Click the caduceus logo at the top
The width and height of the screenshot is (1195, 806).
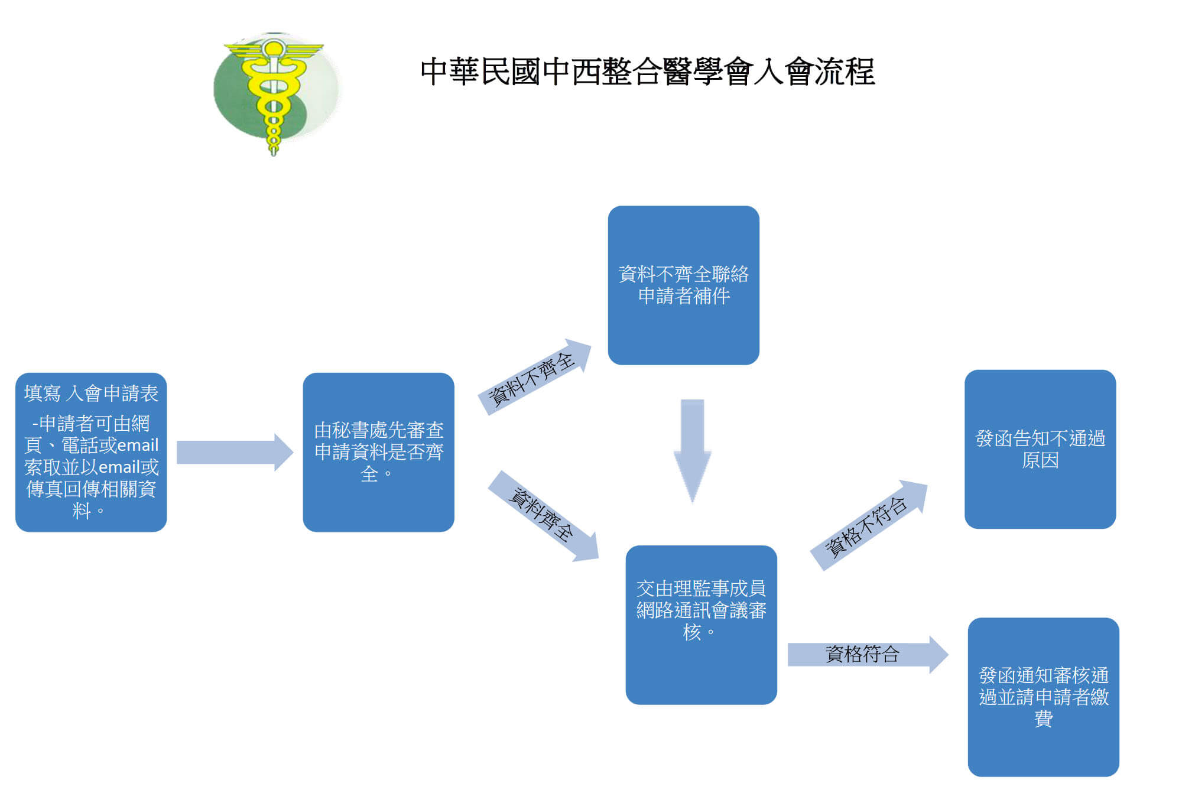275,92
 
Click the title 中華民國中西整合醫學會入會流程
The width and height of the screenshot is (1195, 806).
647,72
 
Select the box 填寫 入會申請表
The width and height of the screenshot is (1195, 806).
91,452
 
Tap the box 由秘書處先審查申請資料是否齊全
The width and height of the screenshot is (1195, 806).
378,452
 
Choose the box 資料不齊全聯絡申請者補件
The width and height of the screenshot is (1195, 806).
683,285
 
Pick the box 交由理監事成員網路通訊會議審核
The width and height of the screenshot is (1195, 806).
701,625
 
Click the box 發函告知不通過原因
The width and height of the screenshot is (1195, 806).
1040,449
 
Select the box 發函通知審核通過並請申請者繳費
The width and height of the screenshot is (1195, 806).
1043,697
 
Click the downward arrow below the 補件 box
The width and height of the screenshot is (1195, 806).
692,449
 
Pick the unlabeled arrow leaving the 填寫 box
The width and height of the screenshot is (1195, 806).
234,452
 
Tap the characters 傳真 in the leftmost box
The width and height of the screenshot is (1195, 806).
44,489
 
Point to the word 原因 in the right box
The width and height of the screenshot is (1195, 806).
1040,460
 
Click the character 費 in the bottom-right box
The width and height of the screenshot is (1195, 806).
1043,719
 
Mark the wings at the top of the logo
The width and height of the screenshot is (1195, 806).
274,50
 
